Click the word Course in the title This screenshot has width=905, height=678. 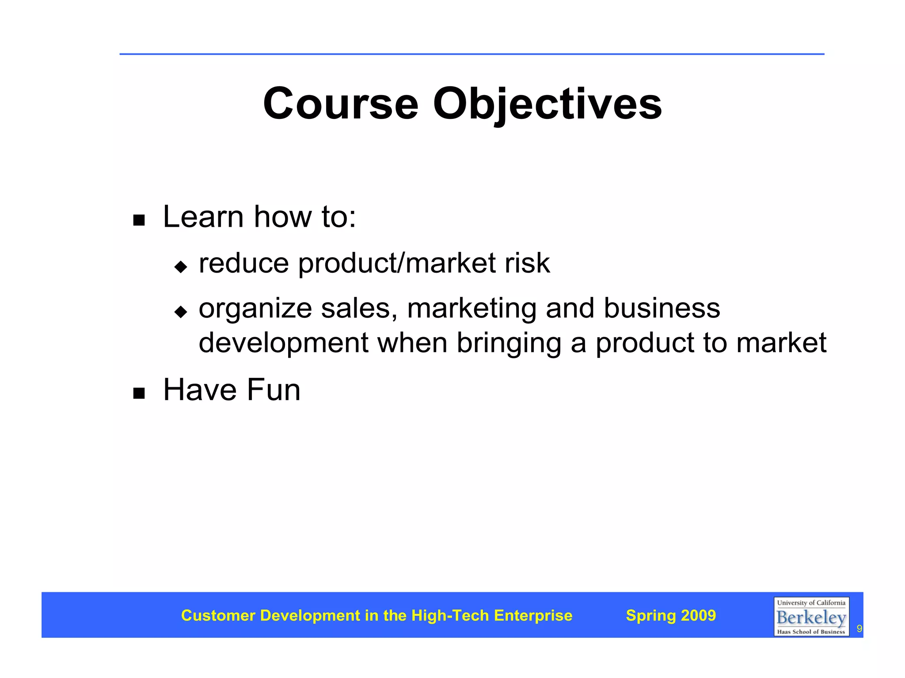point(340,104)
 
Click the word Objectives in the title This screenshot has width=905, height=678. point(547,104)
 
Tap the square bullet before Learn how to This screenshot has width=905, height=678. point(139,220)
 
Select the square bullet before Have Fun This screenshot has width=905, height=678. point(139,393)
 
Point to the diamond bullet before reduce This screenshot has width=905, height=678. point(181,267)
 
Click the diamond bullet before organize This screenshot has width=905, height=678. point(181,312)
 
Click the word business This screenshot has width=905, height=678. point(662,308)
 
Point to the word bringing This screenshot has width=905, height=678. point(509,343)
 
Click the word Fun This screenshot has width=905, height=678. point(274,390)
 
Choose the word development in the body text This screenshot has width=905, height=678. point(283,343)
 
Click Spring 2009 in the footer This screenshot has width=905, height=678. point(671,615)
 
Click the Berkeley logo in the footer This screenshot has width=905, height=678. point(811,617)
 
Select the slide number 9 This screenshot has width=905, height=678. point(859,628)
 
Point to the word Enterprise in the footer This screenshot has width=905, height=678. point(533,615)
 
